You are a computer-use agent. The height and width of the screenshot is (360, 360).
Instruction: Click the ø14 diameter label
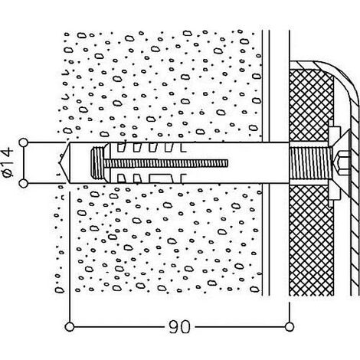click(x=8, y=162)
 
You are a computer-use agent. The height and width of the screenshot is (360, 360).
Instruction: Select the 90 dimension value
click(x=179, y=327)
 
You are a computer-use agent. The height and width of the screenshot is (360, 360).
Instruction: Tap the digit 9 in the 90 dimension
click(x=174, y=327)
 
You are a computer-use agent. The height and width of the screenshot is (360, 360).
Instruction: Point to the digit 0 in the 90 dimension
click(x=185, y=327)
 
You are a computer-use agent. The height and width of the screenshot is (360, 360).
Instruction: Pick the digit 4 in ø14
click(x=8, y=152)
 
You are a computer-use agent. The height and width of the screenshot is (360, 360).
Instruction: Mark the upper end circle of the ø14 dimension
click(x=23, y=142)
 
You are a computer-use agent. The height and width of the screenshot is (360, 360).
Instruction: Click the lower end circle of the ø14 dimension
click(x=23, y=184)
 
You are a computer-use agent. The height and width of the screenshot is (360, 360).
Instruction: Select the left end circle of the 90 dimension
click(x=70, y=327)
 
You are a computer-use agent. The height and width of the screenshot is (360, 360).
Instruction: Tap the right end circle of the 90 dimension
click(x=290, y=327)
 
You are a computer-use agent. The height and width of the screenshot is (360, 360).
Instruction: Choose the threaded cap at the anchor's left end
click(x=98, y=162)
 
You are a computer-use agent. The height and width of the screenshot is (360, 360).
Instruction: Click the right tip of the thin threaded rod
click(x=227, y=163)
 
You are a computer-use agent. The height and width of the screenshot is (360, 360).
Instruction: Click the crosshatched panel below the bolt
click(x=311, y=240)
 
